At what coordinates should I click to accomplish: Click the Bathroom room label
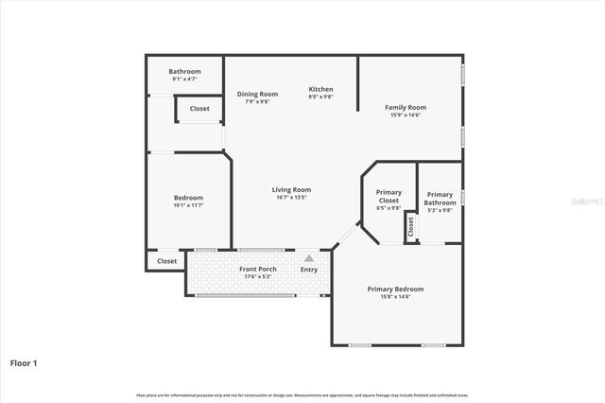[184, 72]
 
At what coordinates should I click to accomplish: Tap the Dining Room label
[257, 94]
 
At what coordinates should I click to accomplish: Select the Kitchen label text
[321, 89]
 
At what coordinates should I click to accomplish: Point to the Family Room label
[406, 107]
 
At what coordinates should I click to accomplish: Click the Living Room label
[291, 189]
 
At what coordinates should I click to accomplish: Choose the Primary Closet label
[389, 197]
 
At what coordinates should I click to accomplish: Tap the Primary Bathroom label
[440, 197]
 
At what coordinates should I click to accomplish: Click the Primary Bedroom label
[395, 289]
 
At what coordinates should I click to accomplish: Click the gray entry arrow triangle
[308, 257]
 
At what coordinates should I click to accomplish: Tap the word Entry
[309, 270]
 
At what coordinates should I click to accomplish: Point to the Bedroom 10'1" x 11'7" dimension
[188, 204]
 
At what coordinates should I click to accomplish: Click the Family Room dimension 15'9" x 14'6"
[406, 115]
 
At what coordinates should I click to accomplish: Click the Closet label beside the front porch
[166, 261]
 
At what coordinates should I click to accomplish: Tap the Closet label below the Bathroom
[199, 109]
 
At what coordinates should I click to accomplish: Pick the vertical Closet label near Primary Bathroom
[411, 227]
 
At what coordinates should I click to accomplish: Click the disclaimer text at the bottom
[302, 394]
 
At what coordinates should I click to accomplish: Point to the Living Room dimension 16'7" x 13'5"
[291, 198]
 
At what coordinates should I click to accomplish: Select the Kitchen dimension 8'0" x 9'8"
[321, 97]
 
